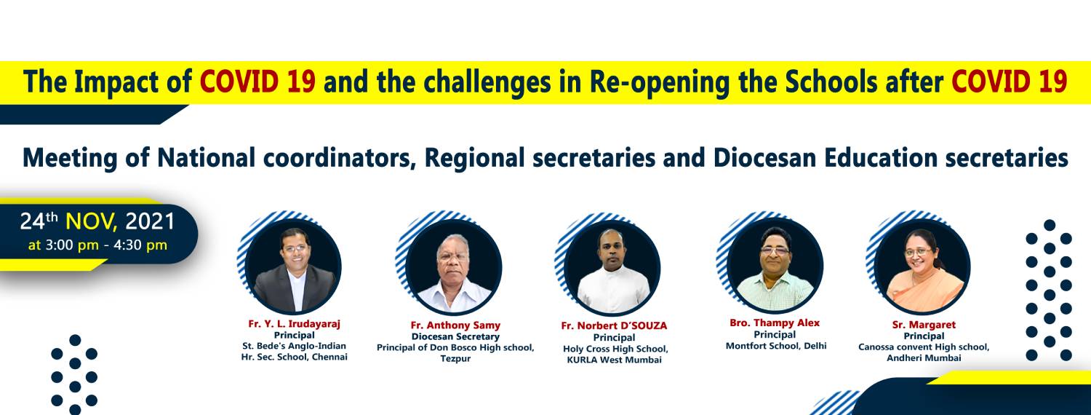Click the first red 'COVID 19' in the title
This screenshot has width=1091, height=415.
[257, 82]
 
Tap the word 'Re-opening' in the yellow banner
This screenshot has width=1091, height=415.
[660, 83]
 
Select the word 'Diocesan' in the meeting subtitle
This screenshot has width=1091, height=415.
[764, 157]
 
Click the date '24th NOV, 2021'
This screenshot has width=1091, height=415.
[97, 221]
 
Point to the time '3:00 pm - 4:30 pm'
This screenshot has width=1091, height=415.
[106, 245]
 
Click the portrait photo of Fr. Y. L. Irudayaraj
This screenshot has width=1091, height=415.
[293, 266]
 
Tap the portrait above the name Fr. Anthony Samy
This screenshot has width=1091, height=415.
[453, 267]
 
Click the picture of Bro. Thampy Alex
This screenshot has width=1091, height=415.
[775, 266]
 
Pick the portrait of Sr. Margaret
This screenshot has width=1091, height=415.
[922, 267]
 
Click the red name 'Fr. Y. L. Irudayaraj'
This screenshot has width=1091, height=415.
[294, 323]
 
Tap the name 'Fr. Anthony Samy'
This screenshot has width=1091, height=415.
[455, 325]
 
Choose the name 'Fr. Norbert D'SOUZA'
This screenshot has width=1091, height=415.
[614, 325]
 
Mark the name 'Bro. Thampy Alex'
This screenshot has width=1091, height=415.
[775, 323]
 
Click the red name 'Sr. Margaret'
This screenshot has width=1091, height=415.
[924, 325]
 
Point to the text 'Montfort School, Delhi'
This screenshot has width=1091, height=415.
[776, 346]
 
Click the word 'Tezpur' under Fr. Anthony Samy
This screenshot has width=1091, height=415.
[455, 358]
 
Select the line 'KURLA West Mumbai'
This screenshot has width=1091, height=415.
[614, 360]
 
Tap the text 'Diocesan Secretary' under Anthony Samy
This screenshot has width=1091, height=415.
[455, 336]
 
